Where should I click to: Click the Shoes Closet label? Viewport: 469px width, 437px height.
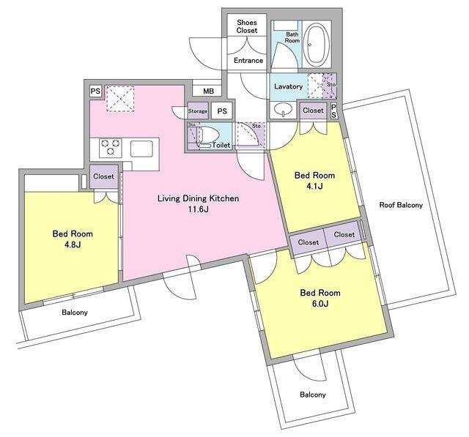pyautogui.click(x=247, y=26)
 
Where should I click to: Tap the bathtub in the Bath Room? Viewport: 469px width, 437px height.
pyautogui.click(x=317, y=45)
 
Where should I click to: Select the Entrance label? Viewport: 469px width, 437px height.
pyautogui.click(x=248, y=61)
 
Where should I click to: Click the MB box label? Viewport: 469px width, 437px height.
pyautogui.click(x=208, y=91)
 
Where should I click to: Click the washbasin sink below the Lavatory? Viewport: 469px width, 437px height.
pyautogui.click(x=284, y=109)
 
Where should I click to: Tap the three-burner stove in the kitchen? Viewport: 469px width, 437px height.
pyautogui.click(x=111, y=148)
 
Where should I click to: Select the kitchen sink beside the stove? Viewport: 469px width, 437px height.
pyautogui.click(x=141, y=149)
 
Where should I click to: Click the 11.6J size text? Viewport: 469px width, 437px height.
pyautogui.click(x=198, y=209)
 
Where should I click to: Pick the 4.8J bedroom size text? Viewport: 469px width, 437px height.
pyautogui.click(x=73, y=245)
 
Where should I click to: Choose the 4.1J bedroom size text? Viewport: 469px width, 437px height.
pyautogui.click(x=314, y=187)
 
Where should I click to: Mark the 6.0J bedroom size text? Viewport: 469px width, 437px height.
pyautogui.click(x=320, y=304)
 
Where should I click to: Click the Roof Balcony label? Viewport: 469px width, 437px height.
pyautogui.click(x=401, y=205)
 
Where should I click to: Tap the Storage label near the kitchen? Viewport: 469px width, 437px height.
pyautogui.click(x=197, y=111)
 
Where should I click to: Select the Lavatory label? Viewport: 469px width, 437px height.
pyautogui.click(x=288, y=86)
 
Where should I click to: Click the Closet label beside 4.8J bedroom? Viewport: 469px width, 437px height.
pyautogui.click(x=103, y=176)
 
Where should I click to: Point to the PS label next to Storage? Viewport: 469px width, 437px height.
pyautogui.click(x=222, y=111)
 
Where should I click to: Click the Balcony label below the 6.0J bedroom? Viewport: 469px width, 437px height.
pyautogui.click(x=313, y=395)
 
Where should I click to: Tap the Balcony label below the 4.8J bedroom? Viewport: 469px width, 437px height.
pyautogui.click(x=75, y=313)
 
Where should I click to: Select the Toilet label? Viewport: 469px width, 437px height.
pyautogui.click(x=221, y=145)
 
